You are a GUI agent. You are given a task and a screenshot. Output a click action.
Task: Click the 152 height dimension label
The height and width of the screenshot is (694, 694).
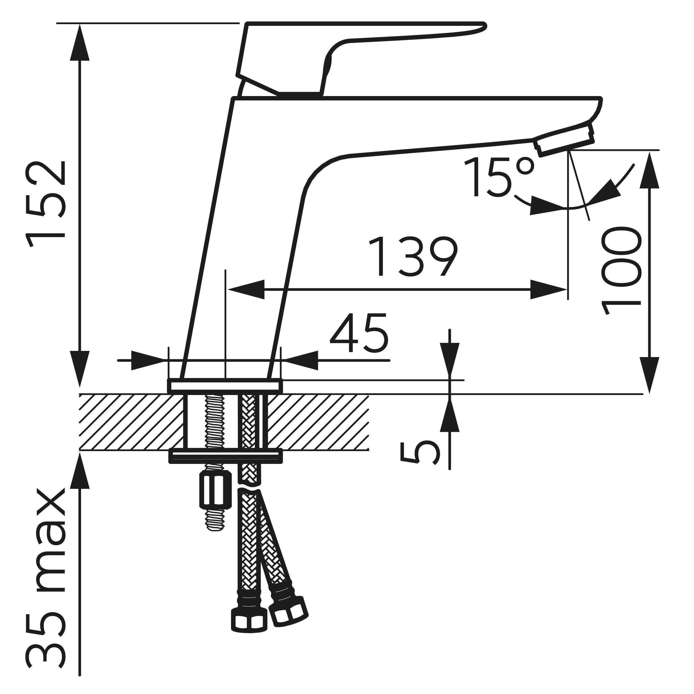[x=46, y=204]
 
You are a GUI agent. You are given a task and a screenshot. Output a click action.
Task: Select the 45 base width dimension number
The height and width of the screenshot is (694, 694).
[x=359, y=333]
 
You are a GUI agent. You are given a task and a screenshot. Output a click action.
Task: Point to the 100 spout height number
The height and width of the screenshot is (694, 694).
[x=621, y=270]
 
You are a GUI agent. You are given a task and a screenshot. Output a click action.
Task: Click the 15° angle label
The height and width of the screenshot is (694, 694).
[x=499, y=177]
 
